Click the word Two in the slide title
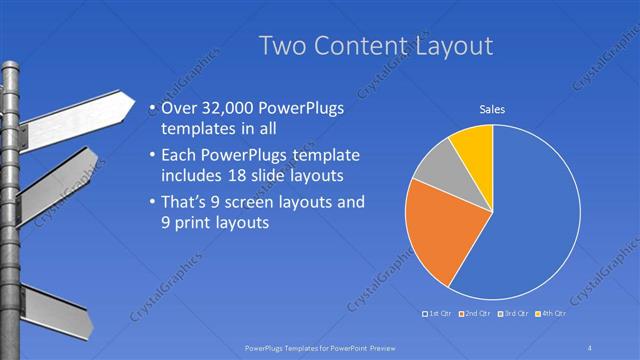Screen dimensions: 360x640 (x=283, y=46)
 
